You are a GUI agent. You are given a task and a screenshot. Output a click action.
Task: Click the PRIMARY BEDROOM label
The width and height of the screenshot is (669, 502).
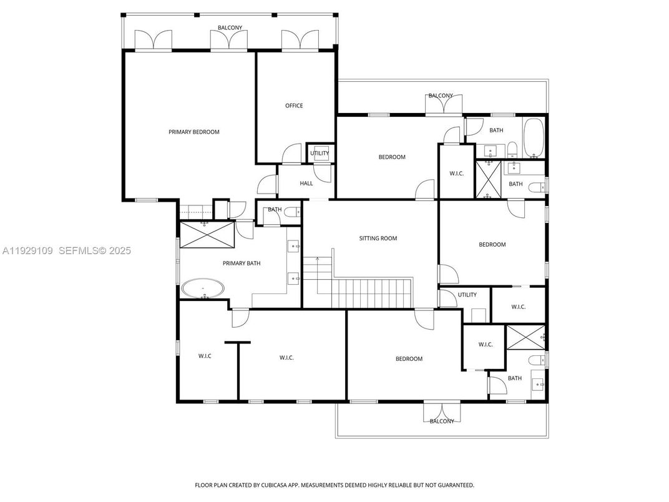coord(194,132)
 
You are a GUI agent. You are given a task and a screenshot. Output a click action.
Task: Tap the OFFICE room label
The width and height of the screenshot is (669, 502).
coord(294,106)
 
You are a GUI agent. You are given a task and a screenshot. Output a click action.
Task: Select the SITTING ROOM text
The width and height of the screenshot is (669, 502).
coord(378,239)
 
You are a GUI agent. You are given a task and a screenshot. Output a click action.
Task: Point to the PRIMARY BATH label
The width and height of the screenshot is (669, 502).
coord(242,263)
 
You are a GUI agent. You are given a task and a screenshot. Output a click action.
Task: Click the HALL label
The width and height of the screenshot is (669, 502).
coord(306,184)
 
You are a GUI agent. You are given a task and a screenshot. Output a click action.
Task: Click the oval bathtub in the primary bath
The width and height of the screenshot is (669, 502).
coord(203,289)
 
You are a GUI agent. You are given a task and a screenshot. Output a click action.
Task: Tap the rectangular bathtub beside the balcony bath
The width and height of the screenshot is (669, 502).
coord(534,137)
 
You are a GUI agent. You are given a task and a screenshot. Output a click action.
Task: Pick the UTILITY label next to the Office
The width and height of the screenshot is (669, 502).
coord(320,154)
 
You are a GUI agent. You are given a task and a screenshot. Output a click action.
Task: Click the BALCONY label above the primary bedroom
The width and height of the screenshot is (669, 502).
coord(230,28)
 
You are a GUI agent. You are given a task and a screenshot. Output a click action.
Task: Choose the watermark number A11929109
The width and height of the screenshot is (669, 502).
coord(28,250)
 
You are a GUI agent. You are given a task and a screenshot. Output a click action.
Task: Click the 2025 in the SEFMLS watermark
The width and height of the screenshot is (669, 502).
coord(119,250)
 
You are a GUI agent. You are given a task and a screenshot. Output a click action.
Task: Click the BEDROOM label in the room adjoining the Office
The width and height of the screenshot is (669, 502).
coord(392,157)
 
